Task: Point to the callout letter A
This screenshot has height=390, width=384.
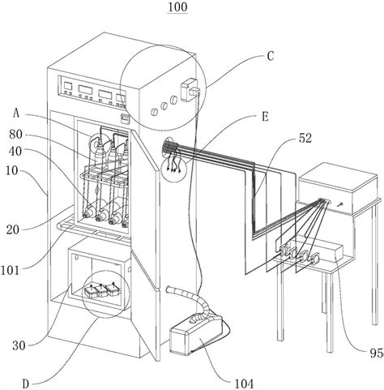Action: tap(39, 114)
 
